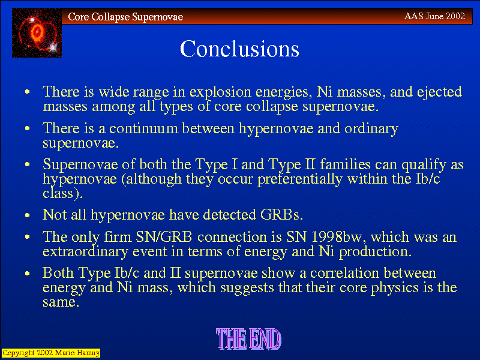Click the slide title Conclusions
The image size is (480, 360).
coord(239,49)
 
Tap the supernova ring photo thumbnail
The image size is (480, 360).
coord(37,33)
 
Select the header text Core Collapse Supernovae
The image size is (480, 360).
coord(125,17)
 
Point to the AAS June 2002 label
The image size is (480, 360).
coord(434,16)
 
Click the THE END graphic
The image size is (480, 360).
coord(248,339)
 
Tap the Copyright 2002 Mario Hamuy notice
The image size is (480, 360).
coord(51,353)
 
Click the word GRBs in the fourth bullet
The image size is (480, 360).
coord(281,215)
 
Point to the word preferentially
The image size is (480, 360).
coord(299,179)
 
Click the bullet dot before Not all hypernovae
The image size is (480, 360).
coord(28,215)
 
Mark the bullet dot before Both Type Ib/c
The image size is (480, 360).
coord(28,274)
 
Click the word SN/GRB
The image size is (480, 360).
coord(164,237)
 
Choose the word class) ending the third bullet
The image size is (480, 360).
coord(62,193)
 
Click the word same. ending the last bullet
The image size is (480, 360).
coord(61,302)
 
